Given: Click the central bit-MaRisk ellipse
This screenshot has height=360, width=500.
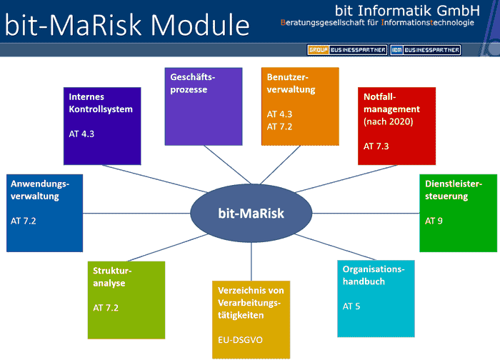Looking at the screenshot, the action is click(251, 213).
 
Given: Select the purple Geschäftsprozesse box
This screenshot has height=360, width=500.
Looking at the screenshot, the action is click(204, 106).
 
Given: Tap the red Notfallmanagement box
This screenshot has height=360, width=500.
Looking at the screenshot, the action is click(396, 126).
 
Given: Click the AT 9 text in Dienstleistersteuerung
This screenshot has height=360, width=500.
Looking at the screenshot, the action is click(434, 221).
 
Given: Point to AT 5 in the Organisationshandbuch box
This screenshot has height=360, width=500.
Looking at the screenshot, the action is click(351, 306).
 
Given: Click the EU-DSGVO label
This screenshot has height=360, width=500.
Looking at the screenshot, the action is click(240, 340).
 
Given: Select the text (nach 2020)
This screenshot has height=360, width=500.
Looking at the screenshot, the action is click(389, 121).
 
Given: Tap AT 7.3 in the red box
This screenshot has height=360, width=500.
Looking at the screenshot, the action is click(376, 146).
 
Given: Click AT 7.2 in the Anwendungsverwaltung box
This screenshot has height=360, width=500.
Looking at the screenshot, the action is click(24, 221).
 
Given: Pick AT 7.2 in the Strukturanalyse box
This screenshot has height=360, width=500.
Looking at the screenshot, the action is click(106, 308).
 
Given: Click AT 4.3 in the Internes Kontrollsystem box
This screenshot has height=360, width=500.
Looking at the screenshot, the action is click(81, 134).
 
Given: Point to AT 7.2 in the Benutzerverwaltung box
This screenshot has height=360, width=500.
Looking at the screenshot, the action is click(279, 126).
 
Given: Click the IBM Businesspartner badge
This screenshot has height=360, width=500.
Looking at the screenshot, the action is click(426, 50).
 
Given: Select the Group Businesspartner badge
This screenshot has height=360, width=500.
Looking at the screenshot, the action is click(347, 50).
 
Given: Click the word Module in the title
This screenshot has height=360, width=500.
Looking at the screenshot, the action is click(200, 25).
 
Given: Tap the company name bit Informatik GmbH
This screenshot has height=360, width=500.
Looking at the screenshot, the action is click(407, 11).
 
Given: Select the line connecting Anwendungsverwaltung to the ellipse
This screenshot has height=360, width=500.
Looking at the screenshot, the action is click(136, 214).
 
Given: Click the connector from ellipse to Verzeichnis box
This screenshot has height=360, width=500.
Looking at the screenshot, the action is click(251, 262).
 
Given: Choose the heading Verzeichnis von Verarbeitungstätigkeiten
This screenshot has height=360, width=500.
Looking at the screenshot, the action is click(251, 303).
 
